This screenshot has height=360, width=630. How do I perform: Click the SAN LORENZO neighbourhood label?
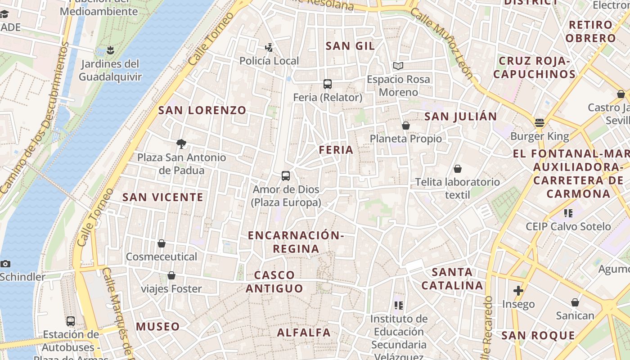(x=202, y=110)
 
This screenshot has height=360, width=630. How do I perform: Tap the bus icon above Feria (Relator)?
(x=328, y=84)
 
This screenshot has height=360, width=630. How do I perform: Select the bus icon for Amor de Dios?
(x=285, y=176)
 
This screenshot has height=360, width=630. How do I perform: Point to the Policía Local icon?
(x=269, y=47)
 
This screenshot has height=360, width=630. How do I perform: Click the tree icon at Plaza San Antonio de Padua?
(x=181, y=144)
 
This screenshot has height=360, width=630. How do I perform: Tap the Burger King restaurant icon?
(x=539, y=123)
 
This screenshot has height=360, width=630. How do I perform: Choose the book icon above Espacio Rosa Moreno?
(x=398, y=66)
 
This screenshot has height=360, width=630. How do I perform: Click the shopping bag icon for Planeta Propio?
(x=406, y=126)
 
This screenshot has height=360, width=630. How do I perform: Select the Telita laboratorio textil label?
(x=457, y=188)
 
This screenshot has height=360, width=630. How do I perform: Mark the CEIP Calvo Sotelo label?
(x=568, y=226)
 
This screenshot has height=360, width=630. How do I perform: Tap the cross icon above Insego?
(x=518, y=291)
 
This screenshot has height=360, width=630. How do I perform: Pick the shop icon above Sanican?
(x=575, y=302)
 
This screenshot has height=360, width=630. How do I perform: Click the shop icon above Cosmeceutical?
(x=162, y=243)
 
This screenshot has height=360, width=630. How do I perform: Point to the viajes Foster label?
(x=171, y=288)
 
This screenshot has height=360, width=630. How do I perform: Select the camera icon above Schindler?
(x=5, y=264)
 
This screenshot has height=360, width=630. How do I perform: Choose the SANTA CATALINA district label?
(x=452, y=279)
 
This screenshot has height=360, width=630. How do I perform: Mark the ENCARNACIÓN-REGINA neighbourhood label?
(x=296, y=242)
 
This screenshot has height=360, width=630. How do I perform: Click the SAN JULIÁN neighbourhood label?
(x=461, y=117)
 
